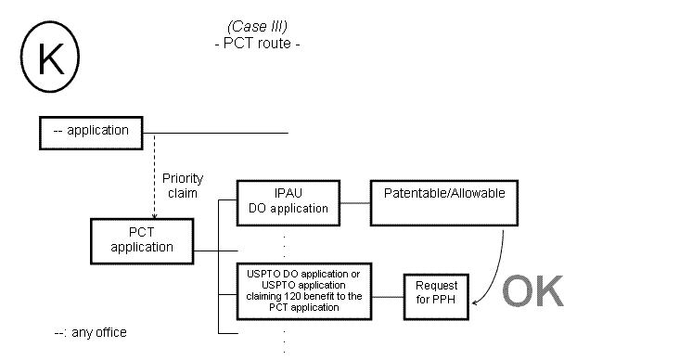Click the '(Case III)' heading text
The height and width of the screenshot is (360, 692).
coord(256,27)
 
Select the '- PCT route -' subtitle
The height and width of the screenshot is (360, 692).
coord(256,43)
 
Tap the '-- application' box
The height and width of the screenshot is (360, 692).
coord(96,132)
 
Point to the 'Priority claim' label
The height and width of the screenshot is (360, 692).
coord(182,186)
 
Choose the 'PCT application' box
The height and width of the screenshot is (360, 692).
coord(142,240)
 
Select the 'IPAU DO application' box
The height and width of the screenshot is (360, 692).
coord(288,201)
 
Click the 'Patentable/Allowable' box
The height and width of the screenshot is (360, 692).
coord(444,201)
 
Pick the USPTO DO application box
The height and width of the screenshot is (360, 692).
coord(305,289)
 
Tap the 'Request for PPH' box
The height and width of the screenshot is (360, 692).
coord(435,295)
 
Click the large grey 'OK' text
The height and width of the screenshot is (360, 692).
coord(532,290)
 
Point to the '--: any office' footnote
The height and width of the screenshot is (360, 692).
coord(91,332)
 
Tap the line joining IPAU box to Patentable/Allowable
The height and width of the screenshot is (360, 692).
coord(355,201)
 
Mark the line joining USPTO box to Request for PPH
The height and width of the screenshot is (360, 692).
coord(388,295)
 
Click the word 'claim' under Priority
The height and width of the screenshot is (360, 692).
coord(182,193)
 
